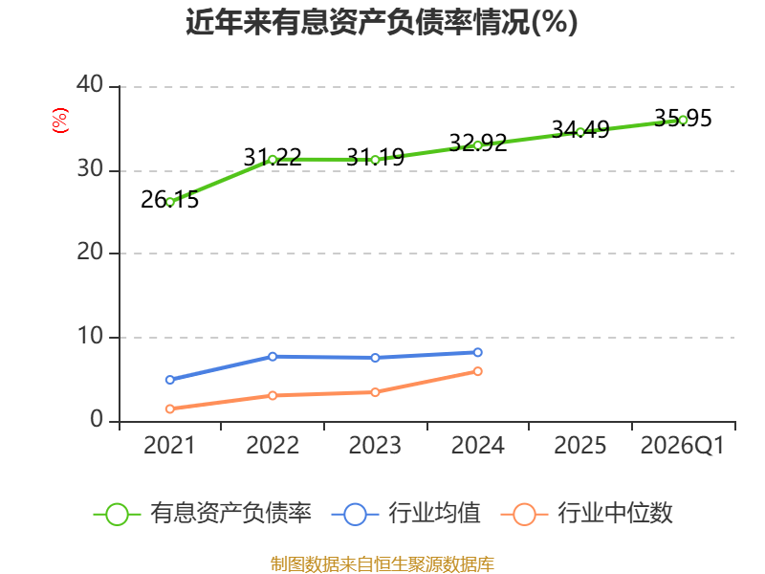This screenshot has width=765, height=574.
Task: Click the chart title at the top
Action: tap(382, 22)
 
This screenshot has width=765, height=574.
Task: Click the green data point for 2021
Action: tap(170, 202)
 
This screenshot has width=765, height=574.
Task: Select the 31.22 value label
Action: tap(273, 157)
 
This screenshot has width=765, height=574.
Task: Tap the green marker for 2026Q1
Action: tap(683, 121)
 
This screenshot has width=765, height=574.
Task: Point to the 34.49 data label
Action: tap(580, 129)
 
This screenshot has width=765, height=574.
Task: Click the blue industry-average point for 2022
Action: tap(273, 357)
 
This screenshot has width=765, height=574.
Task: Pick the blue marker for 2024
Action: tap(477, 352)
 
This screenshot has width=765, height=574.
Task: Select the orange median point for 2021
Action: tap(170, 409)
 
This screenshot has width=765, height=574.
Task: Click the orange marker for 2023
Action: tap(375, 392)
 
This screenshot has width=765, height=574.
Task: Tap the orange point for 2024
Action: tap(477, 371)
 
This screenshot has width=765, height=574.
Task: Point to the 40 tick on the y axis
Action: tap(90, 85)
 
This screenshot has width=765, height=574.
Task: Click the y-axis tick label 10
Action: tap(90, 336)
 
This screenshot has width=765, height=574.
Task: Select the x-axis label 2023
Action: tap(375, 446)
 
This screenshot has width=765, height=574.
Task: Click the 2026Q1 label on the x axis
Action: tap(682, 446)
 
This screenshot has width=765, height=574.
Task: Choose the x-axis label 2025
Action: tap(580, 446)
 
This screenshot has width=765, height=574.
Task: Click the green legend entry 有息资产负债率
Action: tap(202, 514)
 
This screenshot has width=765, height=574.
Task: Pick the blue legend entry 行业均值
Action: tap(405, 514)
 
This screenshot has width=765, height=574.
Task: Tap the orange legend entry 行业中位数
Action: tap(586, 514)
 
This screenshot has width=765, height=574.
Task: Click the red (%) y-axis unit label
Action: tap(60, 121)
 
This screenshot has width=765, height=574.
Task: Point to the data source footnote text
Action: tap(382, 564)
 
